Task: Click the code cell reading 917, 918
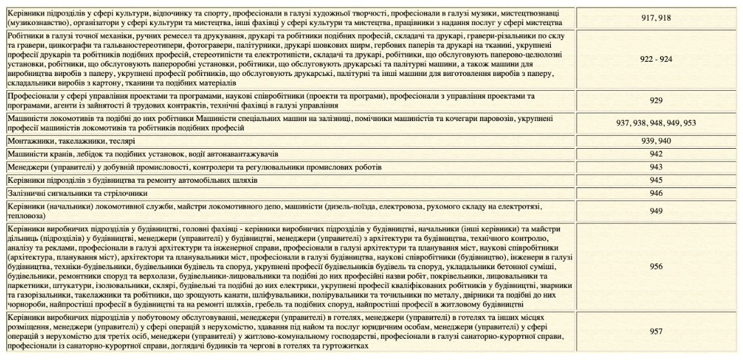click(656, 17)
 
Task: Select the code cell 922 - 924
click(656, 59)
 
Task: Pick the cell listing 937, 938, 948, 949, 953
click(656, 122)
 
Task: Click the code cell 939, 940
click(656, 140)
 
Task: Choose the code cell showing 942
click(656, 154)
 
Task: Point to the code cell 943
click(656, 167)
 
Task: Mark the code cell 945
click(656, 180)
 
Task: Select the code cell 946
click(656, 193)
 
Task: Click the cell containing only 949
click(656, 210)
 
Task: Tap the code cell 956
click(656, 265)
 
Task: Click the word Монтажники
click(28, 140)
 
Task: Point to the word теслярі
click(122, 140)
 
